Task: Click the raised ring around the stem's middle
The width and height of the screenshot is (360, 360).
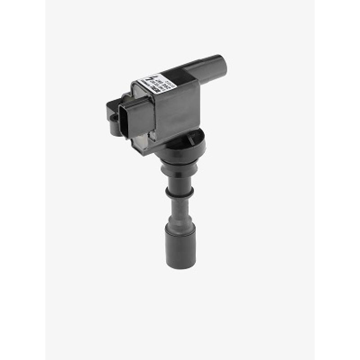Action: tap(180, 193)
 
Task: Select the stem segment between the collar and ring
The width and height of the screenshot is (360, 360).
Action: tap(180, 180)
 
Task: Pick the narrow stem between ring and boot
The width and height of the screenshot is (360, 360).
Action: tap(180, 207)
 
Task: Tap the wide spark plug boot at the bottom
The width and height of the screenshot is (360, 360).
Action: tap(180, 245)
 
